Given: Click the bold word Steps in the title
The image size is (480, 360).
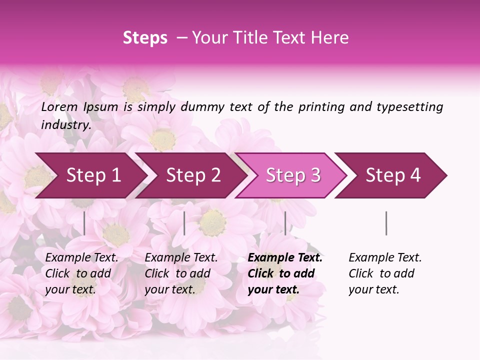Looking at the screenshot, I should (x=145, y=38).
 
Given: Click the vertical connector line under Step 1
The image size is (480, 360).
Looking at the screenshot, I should (x=84, y=223).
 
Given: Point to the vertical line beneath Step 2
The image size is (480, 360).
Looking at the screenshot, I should (x=184, y=223).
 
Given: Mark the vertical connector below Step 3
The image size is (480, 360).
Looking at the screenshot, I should (x=285, y=223).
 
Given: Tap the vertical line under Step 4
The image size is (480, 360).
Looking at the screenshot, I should (x=386, y=223).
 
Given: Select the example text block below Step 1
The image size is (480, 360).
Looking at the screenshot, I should (x=81, y=273).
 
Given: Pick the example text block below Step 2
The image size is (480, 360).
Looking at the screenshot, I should (x=181, y=273).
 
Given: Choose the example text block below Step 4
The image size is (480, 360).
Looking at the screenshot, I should (x=385, y=273).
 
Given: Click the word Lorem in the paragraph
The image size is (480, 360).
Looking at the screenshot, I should (x=59, y=106).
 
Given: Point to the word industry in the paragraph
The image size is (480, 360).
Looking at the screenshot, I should (x=66, y=125).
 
